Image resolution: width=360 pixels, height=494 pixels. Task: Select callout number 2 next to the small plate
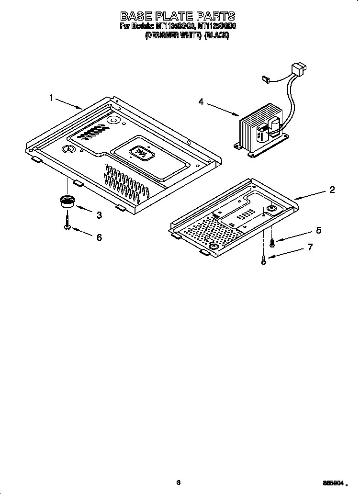pyautogui.click(x=332, y=190)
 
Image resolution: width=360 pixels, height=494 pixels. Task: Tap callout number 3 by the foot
pyautogui.click(x=99, y=215)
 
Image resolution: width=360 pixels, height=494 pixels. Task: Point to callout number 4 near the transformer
pyautogui.click(x=201, y=101)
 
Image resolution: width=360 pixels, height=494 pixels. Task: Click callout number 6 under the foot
pyautogui.click(x=99, y=237)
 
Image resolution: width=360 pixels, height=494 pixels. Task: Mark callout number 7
pyautogui.click(x=310, y=247)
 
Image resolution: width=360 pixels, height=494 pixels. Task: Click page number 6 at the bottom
pyautogui.click(x=178, y=483)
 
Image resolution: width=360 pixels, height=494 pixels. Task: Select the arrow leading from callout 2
pyautogui.click(x=311, y=194)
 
